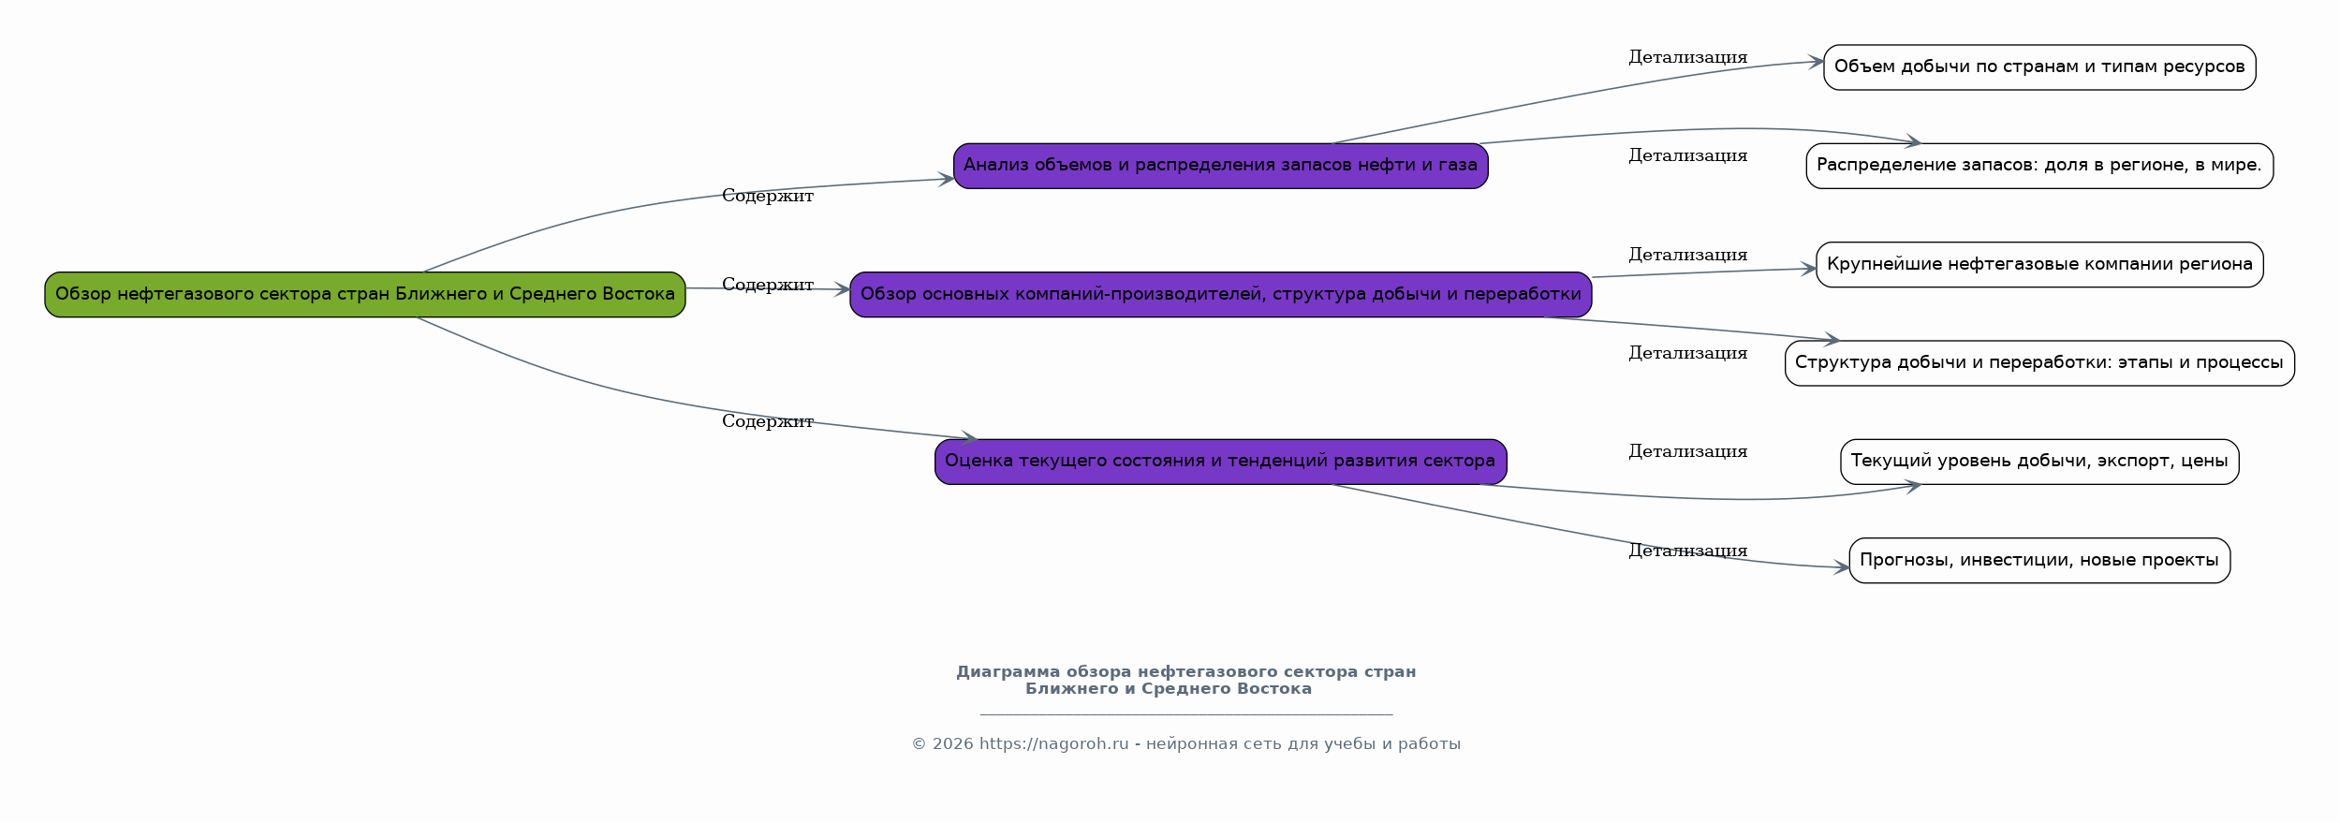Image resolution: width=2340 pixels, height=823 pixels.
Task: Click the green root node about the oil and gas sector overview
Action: [x=365, y=295]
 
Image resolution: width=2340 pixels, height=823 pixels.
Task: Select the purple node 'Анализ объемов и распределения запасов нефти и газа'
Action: [x=1221, y=166]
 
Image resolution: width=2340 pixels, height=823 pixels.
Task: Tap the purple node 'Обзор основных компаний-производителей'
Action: [x=1221, y=295]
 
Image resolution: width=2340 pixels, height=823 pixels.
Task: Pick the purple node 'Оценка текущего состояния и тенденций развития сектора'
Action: [x=1221, y=462]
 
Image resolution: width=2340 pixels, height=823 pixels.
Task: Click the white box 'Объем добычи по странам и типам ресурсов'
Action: [x=2039, y=67]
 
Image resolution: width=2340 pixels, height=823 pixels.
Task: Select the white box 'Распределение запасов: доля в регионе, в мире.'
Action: [x=2039, y=166]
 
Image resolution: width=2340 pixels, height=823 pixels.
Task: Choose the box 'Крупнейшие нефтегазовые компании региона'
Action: [x=2039, y=265]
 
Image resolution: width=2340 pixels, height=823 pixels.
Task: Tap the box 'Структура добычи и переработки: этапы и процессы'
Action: [x=2039, y=363]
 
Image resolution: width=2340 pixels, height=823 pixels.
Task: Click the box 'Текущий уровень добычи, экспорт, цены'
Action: [x=2039, y=462]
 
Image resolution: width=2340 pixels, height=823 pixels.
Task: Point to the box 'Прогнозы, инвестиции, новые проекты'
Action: [x=2039, y=561]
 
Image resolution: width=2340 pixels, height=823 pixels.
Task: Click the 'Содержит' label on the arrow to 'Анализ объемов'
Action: [x=768, y=196]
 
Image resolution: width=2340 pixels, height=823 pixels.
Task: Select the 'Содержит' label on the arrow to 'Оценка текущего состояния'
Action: [x=768, y=421]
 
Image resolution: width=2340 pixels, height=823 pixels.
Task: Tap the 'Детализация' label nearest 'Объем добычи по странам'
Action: [x=1688, y=57]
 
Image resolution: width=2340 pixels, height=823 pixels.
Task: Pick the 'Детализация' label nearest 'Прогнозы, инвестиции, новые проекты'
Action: [x=1688, y=551]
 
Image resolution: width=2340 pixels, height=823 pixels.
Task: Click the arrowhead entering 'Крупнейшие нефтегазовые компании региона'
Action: [x=1809, y=270]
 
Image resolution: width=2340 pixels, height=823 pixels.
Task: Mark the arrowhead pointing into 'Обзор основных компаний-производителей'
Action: [x=842, y=290]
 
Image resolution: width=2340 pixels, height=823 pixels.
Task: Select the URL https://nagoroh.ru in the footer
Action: [x=1054, y=744]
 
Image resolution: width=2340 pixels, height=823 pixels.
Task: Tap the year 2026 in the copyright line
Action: [x=953, y=744]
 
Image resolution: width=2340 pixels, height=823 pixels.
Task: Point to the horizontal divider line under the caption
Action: [x=1186, y=715]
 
